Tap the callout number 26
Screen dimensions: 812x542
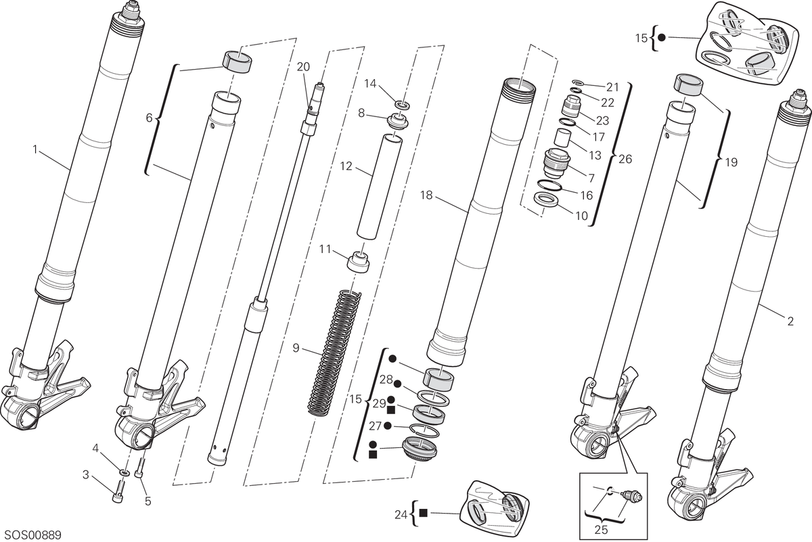(625, 159)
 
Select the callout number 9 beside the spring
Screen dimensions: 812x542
(296, 348)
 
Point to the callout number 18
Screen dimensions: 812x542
(426, 196)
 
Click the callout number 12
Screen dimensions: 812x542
(346, 166)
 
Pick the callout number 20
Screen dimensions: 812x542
(303, 67)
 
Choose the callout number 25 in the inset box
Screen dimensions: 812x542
(601, 530)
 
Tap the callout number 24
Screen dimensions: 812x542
(401, 515)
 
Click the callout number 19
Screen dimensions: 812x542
(731, 162)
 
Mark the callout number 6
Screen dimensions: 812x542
(150, 118)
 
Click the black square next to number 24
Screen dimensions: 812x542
(423, 513)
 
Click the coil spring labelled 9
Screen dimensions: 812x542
(334, 353)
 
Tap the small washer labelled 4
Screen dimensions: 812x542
(125, 472)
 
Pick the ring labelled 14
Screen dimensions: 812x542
(403, 105)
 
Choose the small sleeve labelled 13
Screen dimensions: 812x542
(563, 138)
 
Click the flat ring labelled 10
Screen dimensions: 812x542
(546, 200)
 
